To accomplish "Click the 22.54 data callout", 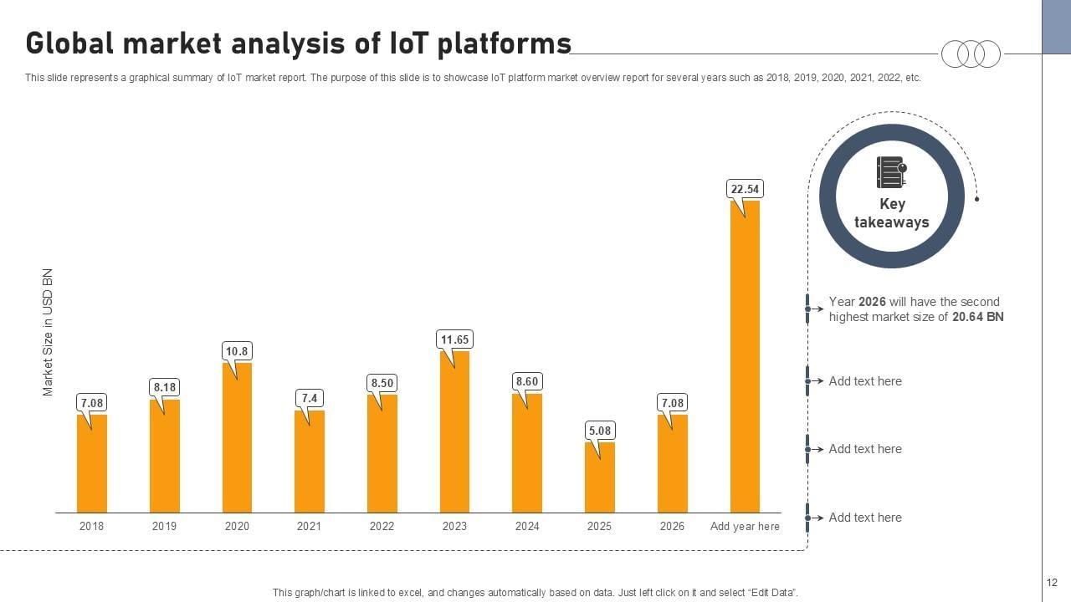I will (745, 190).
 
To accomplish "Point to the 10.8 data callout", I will (237, 351).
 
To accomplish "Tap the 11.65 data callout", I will (454, 339).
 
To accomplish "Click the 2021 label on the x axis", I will (309, 527).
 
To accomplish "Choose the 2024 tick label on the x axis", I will (527, 527).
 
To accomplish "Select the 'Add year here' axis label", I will (745, 527).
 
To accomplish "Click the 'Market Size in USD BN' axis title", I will (48, 332).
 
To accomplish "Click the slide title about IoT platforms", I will (298, 43).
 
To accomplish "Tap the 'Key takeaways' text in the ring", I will (891, 213).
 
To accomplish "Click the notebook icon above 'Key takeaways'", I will (891, 173).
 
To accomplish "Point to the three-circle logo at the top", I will (971, 54).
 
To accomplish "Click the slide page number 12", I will (1052, 583).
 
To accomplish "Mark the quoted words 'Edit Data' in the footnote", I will (771, 593).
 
